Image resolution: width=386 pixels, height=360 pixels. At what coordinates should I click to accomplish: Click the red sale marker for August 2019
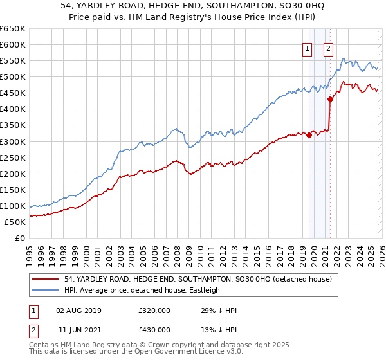point(309,134)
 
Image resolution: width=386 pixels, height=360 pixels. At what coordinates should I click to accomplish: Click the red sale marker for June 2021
point(330,99)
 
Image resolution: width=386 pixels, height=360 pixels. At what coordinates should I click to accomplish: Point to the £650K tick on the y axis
point(13,29)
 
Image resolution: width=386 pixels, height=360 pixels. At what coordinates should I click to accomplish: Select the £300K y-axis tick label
point(13,141)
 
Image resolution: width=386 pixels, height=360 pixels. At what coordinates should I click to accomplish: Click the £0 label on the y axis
point(21,238)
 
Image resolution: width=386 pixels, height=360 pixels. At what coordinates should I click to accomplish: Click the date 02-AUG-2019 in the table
point(78,310)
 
